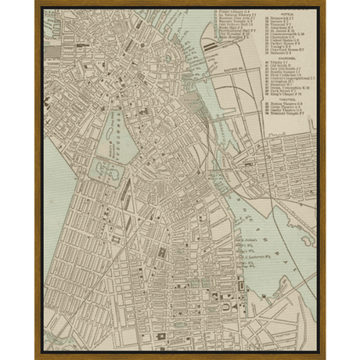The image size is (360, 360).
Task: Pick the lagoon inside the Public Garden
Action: pyautogui.click(x=103, y=168)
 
